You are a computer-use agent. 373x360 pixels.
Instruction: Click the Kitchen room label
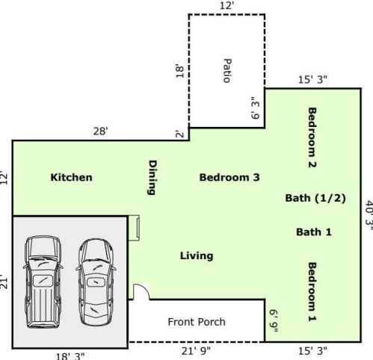(71, 178)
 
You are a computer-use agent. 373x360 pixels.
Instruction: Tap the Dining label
(152, 178)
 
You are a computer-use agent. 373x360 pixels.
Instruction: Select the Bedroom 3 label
(229, 178)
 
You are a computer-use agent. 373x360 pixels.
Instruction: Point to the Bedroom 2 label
(312, 137)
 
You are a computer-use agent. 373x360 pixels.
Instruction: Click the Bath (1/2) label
(315, 198)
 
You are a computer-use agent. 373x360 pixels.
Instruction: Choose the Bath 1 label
(313, 232)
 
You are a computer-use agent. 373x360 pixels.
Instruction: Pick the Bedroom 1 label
(312, 291)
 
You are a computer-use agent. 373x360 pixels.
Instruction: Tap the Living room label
(197, 255)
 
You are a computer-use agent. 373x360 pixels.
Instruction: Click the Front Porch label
(197, 322)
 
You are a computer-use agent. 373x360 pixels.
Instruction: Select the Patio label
(226, 70)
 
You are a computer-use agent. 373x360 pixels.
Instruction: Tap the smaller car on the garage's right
(96, 276)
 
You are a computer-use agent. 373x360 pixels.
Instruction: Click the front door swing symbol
(140, 292)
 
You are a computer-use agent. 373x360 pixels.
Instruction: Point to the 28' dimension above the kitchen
(100, 131)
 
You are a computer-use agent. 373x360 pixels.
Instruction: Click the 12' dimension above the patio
(226, 6)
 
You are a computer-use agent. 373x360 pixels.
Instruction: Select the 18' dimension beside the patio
(179, 71)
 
